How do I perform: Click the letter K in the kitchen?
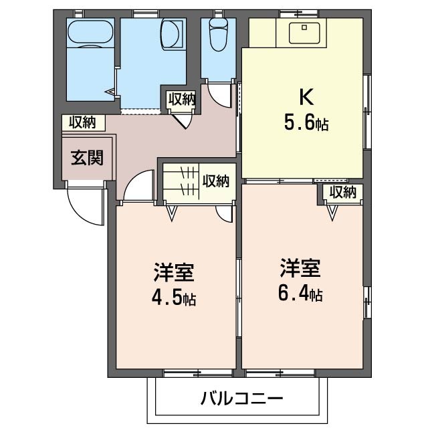pos(306,97)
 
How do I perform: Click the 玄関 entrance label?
pos(88,158)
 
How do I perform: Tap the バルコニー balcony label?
pos(241,399)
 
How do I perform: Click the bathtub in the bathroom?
pos(90,31)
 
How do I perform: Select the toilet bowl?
pos(219,35)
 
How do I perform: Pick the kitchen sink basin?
pos(304,33)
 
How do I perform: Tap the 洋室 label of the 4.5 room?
pos(174,272)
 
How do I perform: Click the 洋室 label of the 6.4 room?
pos(300,267)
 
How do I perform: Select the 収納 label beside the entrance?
pos(82,122)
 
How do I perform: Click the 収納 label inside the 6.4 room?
pos(343,192)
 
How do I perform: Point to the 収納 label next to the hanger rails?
pos(215,181)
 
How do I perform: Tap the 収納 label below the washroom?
pos(182,99)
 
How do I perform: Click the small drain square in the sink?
pos(304,27)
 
